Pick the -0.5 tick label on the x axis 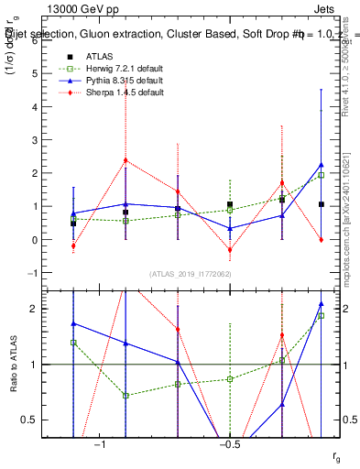[228, 444]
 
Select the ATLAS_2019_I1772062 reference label [190, 273]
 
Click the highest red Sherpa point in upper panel [125, 160]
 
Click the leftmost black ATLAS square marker [73, 224]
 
